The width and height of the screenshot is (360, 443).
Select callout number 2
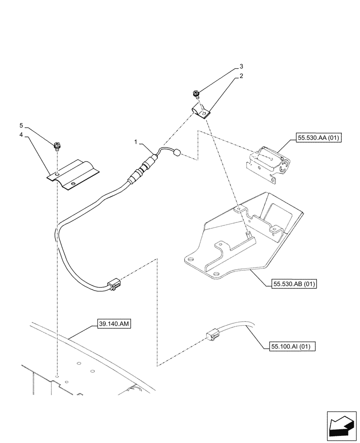pyautogui.click(x=241, y=76)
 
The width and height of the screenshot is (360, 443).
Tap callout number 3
pyautogui.click(x=241, y=66)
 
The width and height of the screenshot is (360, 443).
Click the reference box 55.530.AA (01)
pyautogui.click(x=316, y=138)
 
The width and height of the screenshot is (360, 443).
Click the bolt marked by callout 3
pyautogui.click(x=195, y=94)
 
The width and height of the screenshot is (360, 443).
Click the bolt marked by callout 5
pyautogui.click(x=57, y=145)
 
